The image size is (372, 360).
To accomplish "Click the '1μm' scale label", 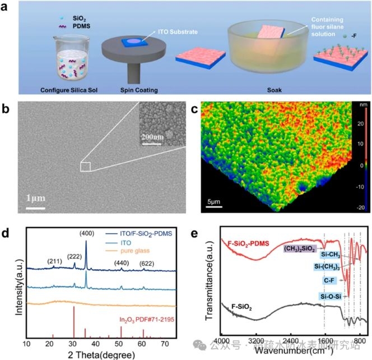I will (x=34, y=199).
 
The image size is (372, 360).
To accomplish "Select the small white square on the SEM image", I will (x=85, y=166).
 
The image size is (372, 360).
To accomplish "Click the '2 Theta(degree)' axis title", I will (x=97, y=356).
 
